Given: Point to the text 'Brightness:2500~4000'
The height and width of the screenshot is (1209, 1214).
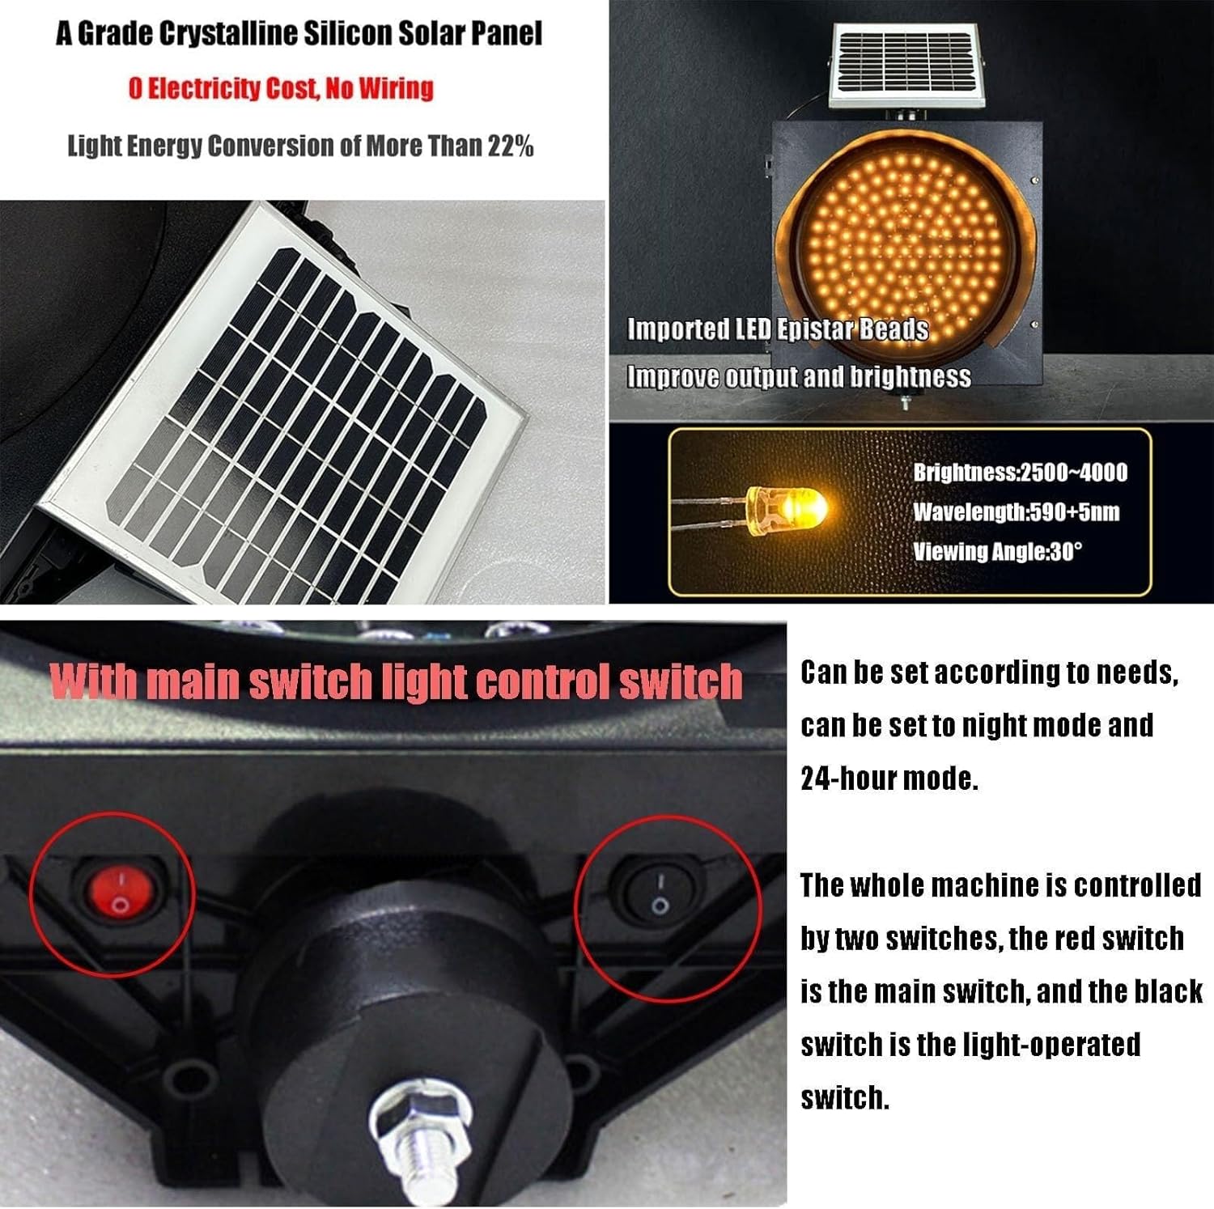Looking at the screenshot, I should tap(1020, 473).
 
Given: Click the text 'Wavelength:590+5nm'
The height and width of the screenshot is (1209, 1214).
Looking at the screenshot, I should tap(1016, 512).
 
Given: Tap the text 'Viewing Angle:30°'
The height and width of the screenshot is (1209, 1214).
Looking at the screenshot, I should tap(997, 552).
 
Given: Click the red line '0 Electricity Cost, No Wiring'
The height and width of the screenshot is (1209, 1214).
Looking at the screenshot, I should tap(281, 88).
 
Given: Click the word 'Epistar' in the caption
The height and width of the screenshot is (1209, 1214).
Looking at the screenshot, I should tap(822, 329).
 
